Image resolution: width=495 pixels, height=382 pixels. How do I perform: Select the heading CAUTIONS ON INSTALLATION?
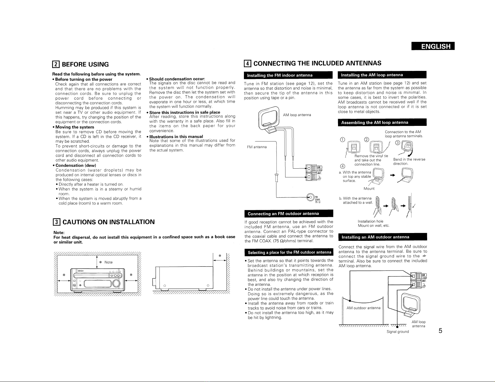click(109, 222)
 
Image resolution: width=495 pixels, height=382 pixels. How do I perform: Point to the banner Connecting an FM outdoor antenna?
click(283, 214)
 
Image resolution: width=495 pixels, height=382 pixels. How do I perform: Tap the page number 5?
click(440, 331)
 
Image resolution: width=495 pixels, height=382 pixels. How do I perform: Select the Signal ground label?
click(397, 332)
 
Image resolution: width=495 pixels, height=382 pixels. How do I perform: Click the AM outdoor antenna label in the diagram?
click(363, 308)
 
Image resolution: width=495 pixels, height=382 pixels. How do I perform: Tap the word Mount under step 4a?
click(369, 188)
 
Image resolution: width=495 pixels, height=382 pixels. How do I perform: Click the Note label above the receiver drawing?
click(108, 262)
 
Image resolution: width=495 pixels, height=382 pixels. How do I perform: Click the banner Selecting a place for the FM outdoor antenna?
click(289, 252)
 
